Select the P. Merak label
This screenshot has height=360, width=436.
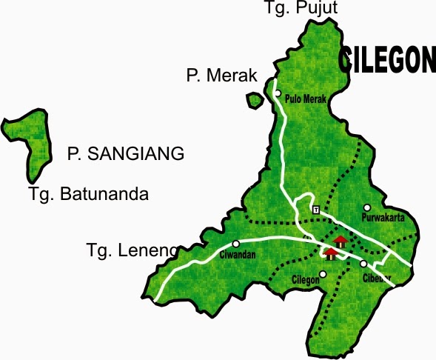point(221,76)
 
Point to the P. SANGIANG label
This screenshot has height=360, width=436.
point(125,154)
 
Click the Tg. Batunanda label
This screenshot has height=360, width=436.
point(89,195)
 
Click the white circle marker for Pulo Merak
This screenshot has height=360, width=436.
point(278,93)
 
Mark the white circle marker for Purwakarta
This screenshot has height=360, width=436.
point(366,207)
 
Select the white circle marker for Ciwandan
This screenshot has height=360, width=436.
point(235,244)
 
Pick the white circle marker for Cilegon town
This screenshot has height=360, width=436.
point(322,274)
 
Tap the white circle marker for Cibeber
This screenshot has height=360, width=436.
point(363,264)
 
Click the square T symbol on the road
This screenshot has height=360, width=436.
point(316,210)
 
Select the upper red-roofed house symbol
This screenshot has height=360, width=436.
point(340,241)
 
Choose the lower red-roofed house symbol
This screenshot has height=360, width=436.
point(330,253)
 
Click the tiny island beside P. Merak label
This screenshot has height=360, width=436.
point(255,99)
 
